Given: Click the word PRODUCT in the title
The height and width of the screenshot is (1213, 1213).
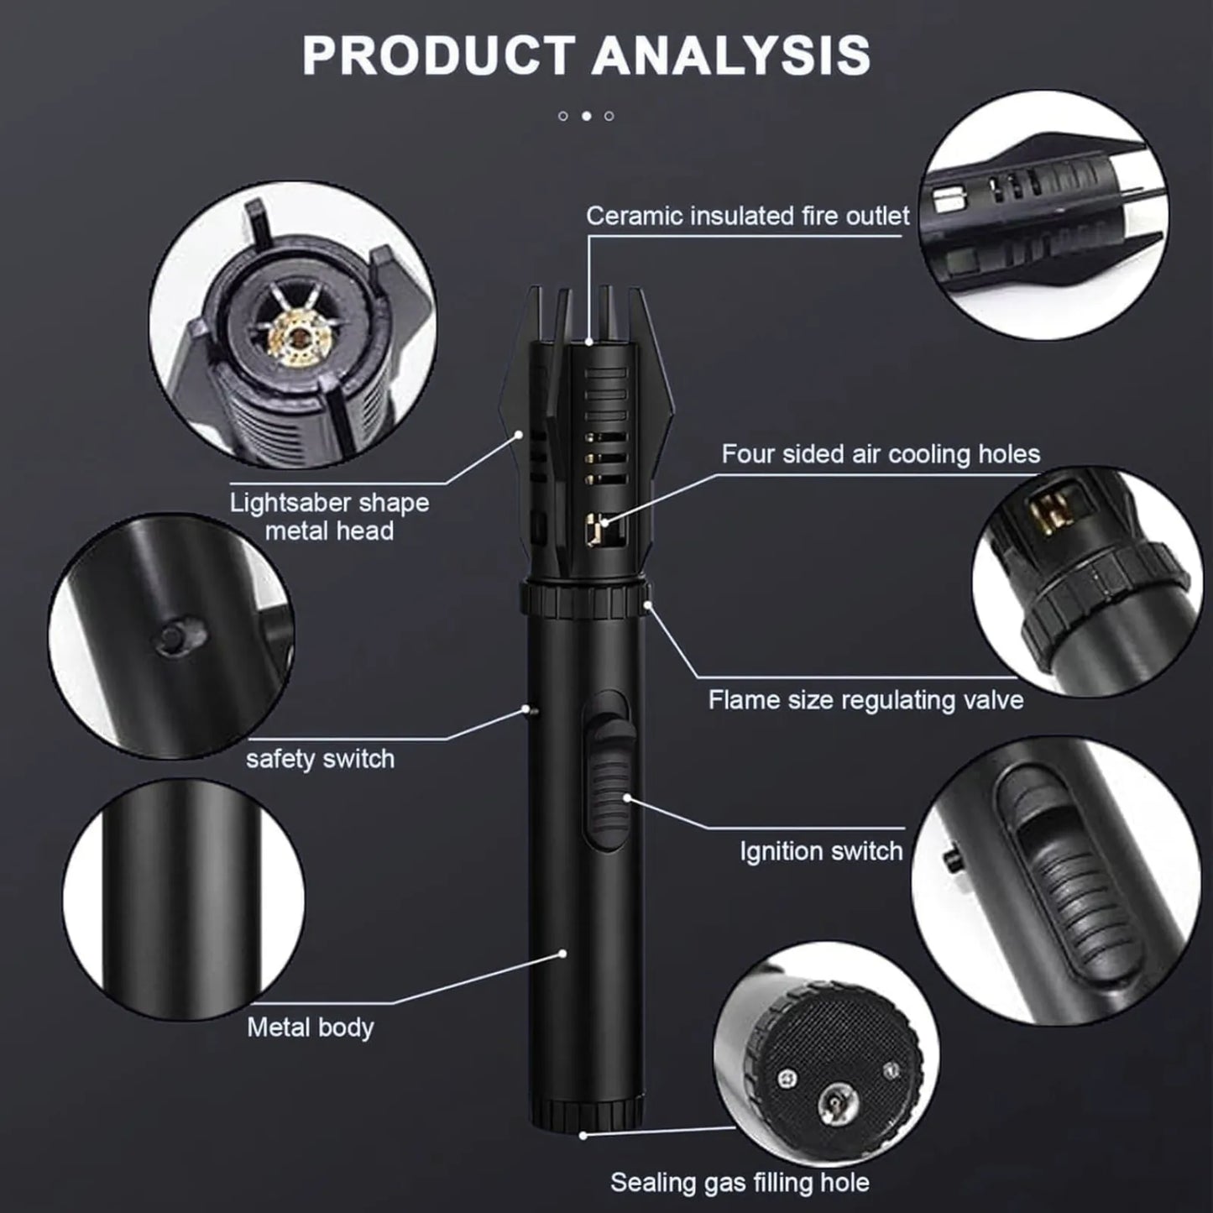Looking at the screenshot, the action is [438, 55].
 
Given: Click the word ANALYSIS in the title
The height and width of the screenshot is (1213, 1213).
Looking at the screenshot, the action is [731, 55].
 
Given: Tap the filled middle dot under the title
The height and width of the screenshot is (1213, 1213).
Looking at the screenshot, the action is [586, 116].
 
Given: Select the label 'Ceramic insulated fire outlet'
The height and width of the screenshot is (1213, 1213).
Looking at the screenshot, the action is [748, 216].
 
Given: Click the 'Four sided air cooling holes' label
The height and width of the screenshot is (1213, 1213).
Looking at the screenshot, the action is [881, 454].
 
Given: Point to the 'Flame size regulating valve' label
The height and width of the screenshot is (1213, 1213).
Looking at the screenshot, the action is [865, 700].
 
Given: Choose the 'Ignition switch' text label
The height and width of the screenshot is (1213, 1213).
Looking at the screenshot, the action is [821, 851].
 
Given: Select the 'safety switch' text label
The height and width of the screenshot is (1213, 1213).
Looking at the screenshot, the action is [320, 759].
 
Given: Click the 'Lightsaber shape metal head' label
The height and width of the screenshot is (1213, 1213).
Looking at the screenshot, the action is [329, 517].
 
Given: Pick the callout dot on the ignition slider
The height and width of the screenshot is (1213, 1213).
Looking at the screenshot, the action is [627, 798].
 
